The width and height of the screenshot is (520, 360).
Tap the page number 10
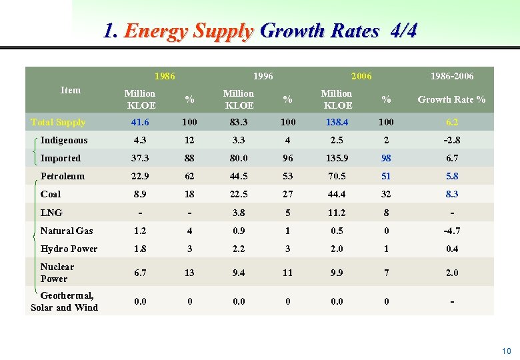pyautogui.click(x=506, y=351)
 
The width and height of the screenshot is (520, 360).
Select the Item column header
pyautogui.click(x=70, y=90)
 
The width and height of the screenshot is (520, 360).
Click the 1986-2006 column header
pyautogui.click(x=452, y=76)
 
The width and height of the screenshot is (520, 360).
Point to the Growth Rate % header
pyautogui.click(x=451, y=99)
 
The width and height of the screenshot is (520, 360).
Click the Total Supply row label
pyautogui.click(x=58, y=122)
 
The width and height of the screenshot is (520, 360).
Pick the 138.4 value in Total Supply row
pyautogui.click(x=337, y=122)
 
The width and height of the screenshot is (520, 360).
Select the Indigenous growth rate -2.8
pyautogui.click(x=451, y=140)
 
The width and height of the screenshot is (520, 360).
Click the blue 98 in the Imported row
pyautogui.click(x=386, y=158)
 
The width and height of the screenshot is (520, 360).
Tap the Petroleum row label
pyautogui.click(x=62, y=176)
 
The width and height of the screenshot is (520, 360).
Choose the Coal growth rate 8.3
pyautogui.click(x=451, y=194)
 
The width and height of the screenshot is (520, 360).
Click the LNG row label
pyautogui.click(x=51, y=213)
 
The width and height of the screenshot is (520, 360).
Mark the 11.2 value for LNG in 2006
pyautogui.click(x=337, y=213)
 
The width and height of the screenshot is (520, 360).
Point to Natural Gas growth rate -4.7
pyautogui.click(x=451, y=231)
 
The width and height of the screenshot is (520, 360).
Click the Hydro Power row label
pyautogui.click(x=69, y=249)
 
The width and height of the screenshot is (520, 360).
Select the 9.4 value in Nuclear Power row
pyautogui.click(x=239, y=272)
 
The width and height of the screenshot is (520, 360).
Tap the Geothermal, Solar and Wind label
pyautogui.click(x=64, y=301)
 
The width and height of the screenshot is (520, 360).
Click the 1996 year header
pyautogui.click(x=263, y=76)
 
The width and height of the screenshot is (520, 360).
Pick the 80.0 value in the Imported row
pyautogui.click(x=239, y=158)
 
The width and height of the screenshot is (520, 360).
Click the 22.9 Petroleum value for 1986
pyautogui.click(x=140, y=176)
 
